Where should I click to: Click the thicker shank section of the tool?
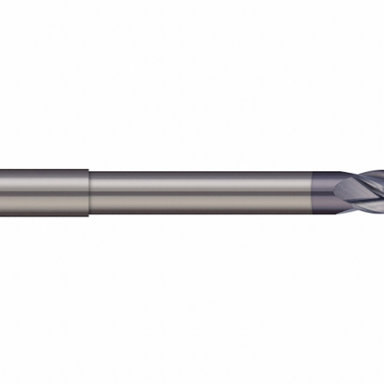click(43, 192)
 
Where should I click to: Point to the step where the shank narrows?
click(88, 192)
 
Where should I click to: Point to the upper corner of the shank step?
click(88, 168)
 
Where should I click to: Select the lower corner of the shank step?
click(88, 217)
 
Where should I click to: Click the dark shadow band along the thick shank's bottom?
click(43, 211)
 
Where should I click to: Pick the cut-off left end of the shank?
click(2, 192)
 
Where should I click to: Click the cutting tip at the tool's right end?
click(381, 192)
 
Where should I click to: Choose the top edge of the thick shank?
click(43, 167)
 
